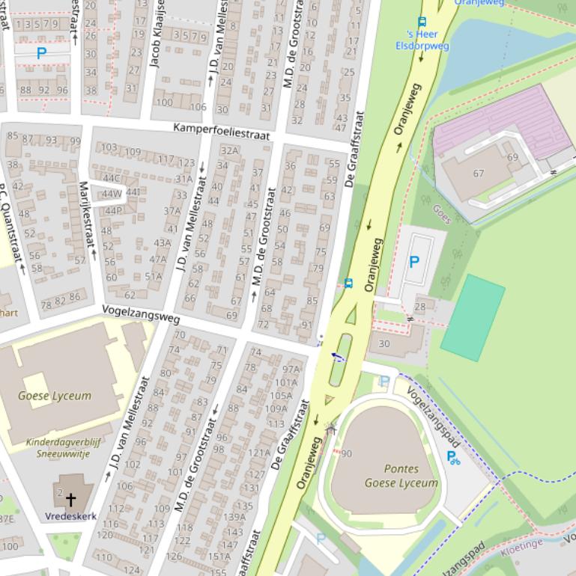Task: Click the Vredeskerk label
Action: tap(70, 516)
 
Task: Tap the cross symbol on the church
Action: tap(71, 499)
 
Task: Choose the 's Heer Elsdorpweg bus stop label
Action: tap(422, 40)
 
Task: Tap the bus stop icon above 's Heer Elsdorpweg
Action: tap(422, 22)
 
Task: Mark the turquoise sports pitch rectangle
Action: tap(473, 318)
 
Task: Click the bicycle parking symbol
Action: tap(453, 457)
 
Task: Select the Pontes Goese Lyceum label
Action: tap(401, 476)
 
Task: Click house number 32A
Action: tap(229, 150)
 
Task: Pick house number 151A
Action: tap(219, 556)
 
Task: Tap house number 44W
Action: tap(112, 194)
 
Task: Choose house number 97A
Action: tap(290, 370)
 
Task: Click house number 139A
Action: tap(234, 516)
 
